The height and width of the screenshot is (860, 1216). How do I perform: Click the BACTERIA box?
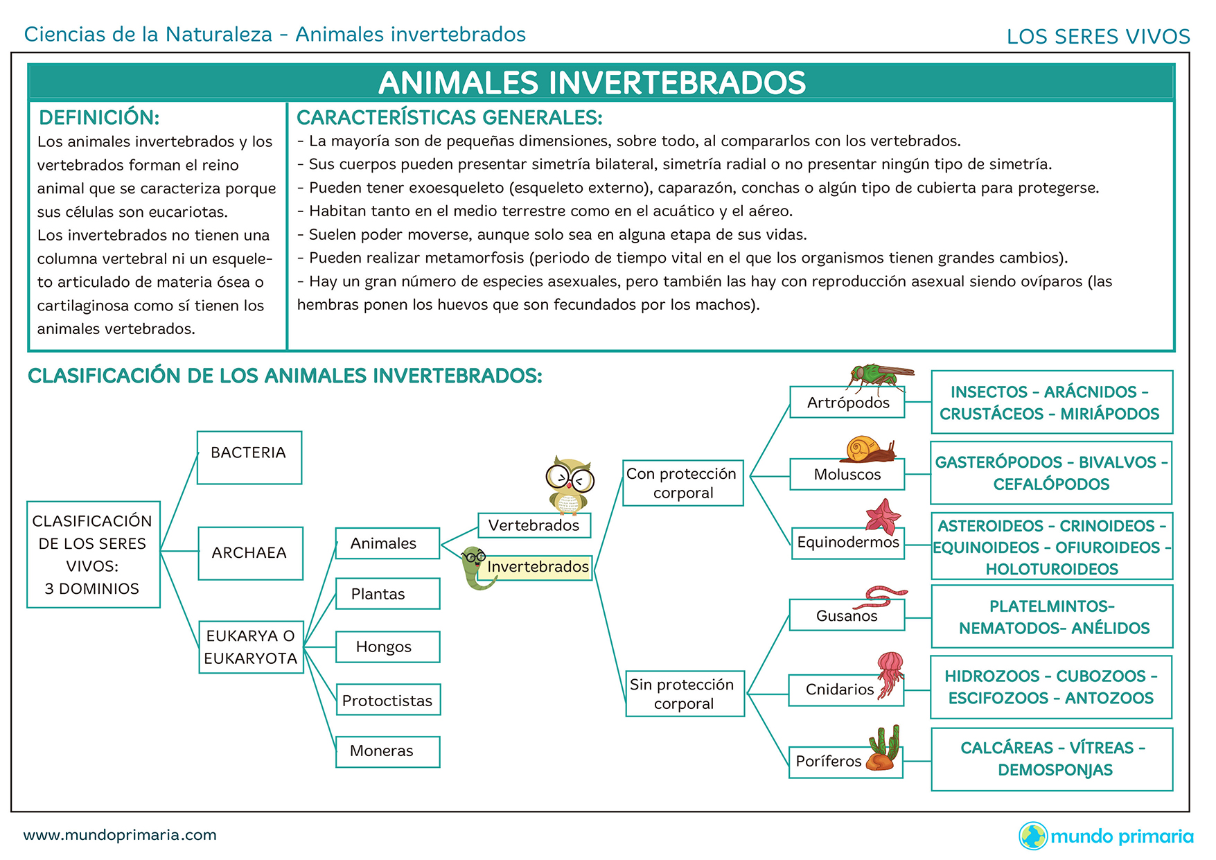(249, 457)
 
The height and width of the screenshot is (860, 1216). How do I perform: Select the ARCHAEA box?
(250, 553)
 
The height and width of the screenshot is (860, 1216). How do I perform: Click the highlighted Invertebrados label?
(537, 567)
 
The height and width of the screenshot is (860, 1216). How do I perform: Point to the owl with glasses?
(569, 484)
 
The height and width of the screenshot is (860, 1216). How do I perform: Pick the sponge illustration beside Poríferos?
(885, 749)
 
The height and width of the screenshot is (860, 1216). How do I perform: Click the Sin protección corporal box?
(685, 693)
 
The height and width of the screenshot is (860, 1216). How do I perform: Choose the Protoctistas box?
(387, 700)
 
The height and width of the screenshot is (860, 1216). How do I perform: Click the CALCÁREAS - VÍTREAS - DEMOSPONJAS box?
(1052, 759)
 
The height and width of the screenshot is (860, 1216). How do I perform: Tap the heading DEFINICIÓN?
(99, 118)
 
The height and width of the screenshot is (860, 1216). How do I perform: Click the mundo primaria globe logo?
(1032, 836)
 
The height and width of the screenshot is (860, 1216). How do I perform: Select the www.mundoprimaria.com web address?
(120, 835)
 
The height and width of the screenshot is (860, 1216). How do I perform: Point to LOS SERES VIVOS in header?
(1098, 37)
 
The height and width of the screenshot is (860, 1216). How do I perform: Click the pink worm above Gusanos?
(885, 595)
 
